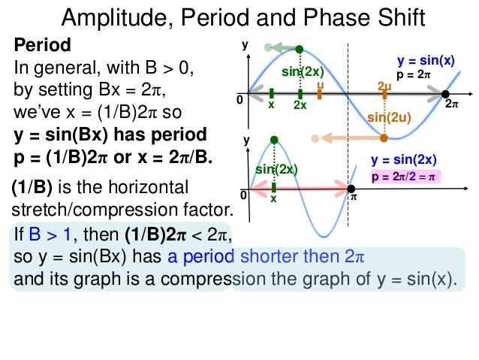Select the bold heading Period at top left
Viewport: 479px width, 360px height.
pos(43,45)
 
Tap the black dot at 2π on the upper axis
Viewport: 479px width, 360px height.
pos(445,94)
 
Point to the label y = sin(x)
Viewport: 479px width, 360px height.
pos(426,61)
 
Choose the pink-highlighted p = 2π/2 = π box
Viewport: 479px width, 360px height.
pos(404,177)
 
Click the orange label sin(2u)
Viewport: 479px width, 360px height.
pos(387,118)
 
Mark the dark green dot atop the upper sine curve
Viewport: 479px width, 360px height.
pos(300,49)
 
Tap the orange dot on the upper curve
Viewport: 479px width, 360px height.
pos(384,138)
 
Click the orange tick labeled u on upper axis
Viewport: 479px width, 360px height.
pos(320,94)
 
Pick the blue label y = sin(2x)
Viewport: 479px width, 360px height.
pos(404,159)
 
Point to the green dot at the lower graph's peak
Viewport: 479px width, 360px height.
pos(275,139)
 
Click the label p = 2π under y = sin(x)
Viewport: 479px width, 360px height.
pos(414,75)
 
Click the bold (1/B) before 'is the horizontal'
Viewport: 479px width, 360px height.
pos(33,186)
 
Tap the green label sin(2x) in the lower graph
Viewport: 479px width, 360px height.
pos(277,170)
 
